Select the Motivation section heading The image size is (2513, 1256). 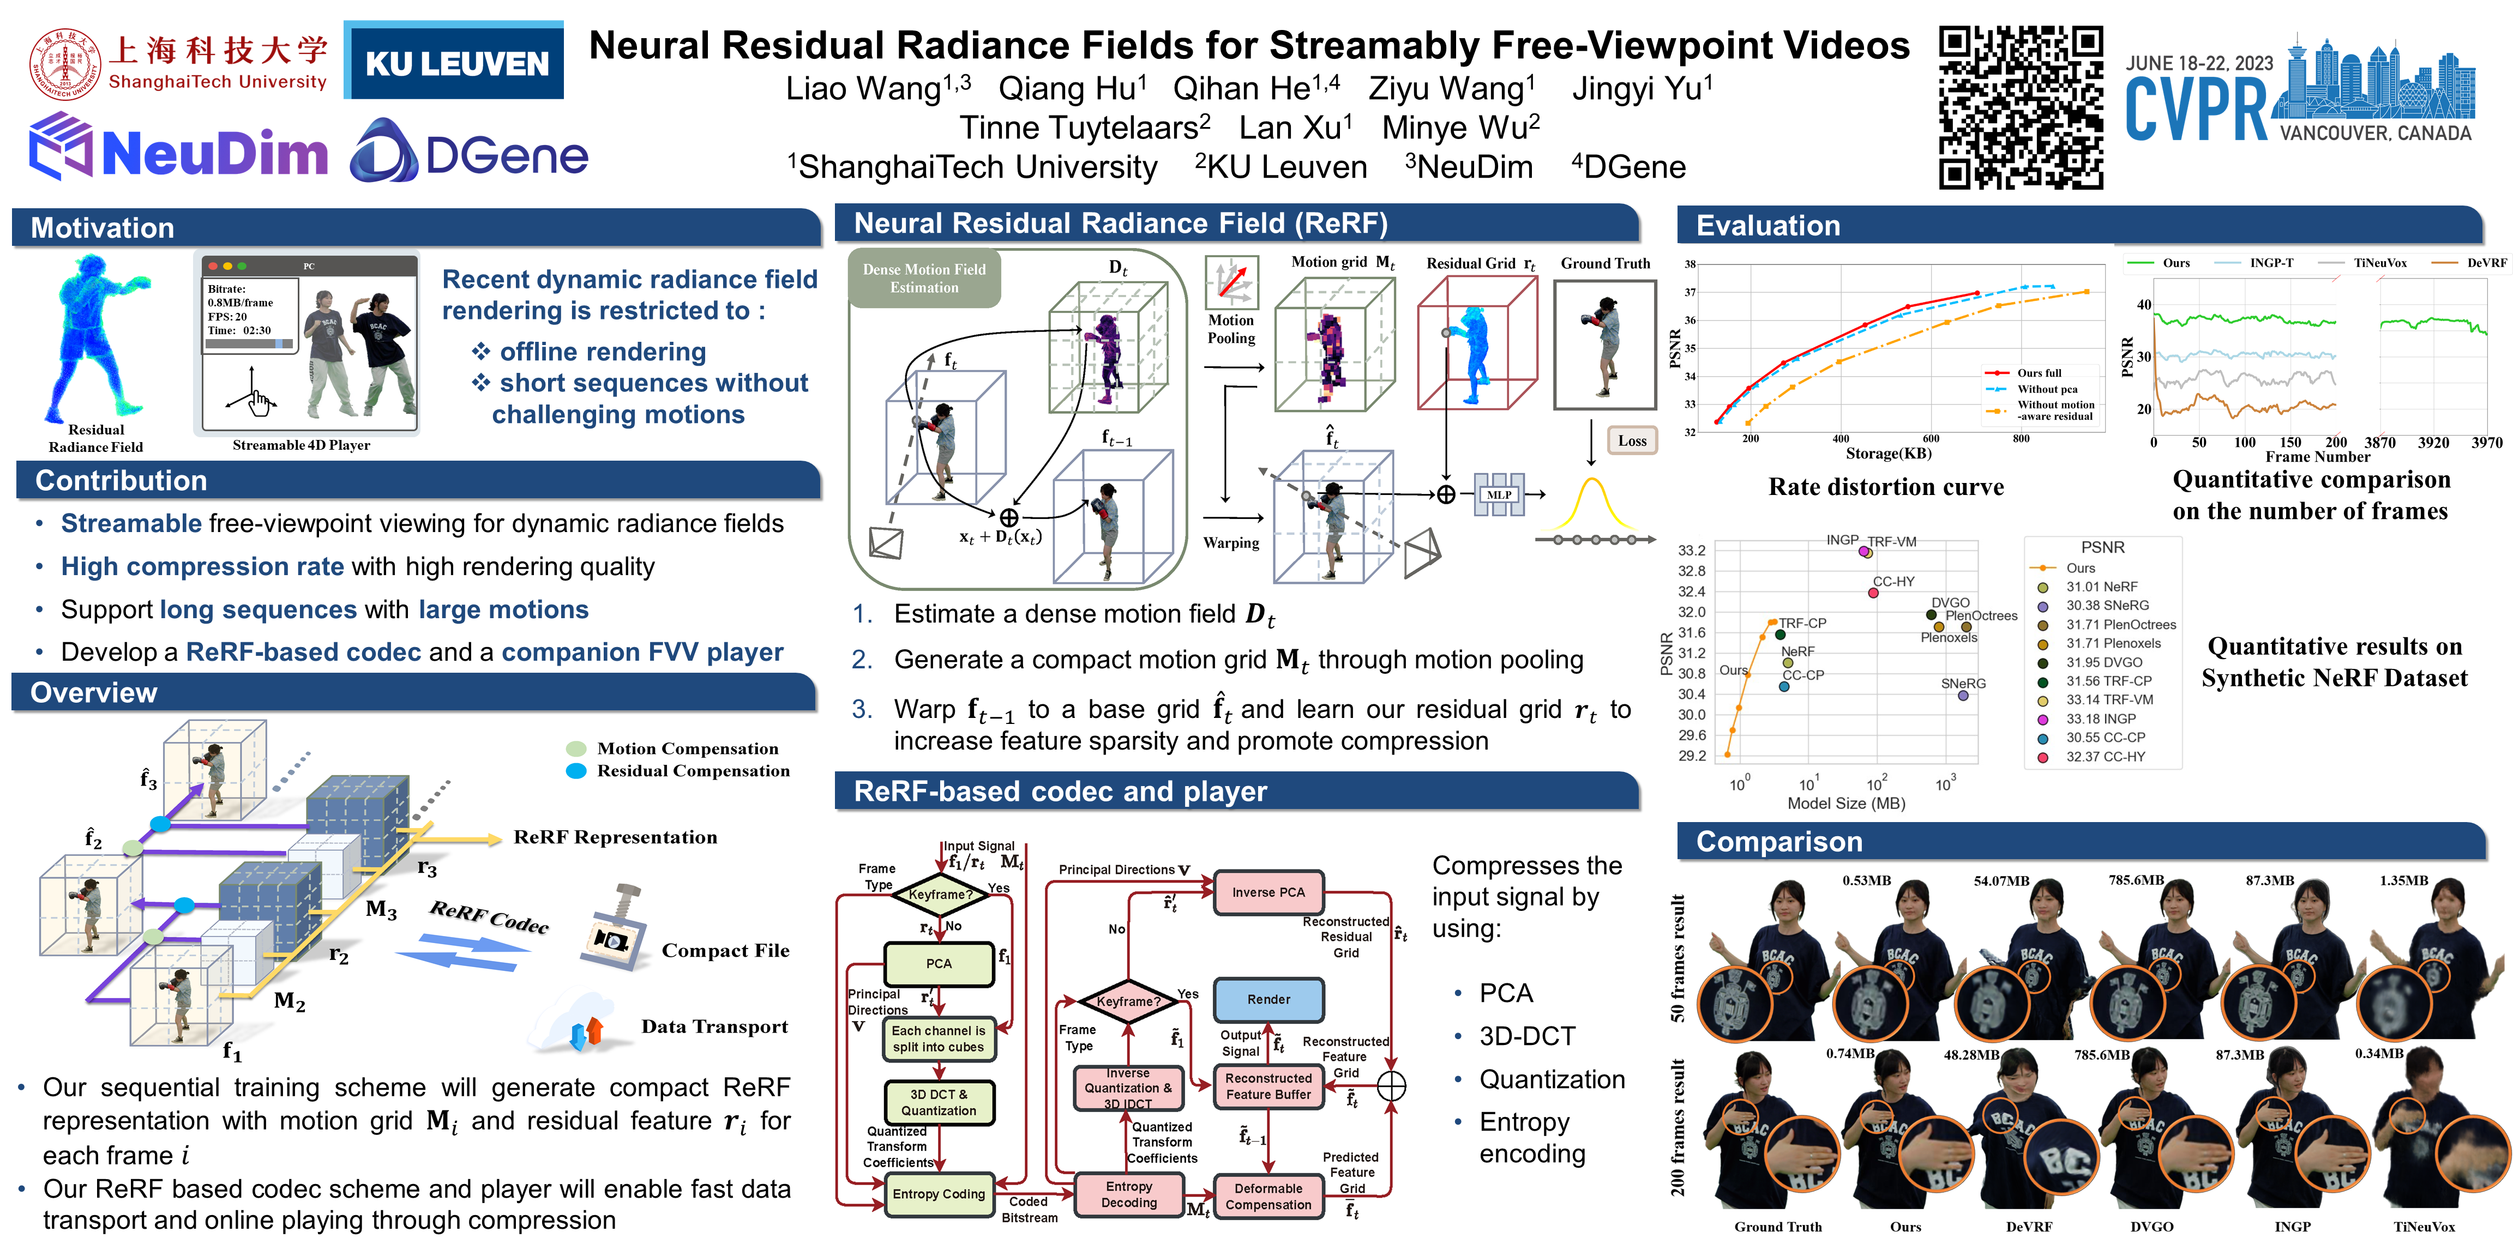coord(103,228)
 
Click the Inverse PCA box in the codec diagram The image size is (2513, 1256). coord(1267,892)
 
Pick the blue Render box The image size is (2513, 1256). coord(1268,1000)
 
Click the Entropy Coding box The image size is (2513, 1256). coord(939,1194)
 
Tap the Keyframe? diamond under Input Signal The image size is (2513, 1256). coord(940,894)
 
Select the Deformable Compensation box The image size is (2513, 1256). coord(1268,1197)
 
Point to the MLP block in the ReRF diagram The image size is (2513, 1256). coord(1499,494)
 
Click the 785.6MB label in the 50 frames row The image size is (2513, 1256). coord(2136,880)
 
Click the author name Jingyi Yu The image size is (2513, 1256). coord(1642,89)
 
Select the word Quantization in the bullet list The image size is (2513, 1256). coord(1551,1079)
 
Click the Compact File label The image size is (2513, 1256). coord(725,951)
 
